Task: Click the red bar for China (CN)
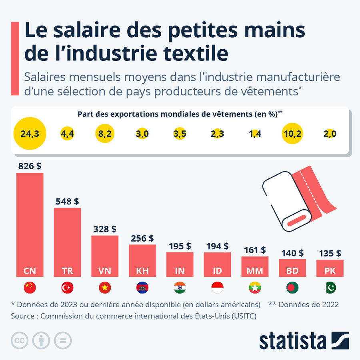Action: (x=30, y=224)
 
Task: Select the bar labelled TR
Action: (x=67, y=242)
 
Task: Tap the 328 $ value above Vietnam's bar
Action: (x=105, y=229)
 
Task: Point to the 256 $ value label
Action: (x=142, y=238)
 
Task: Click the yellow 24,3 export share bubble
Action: (x=30, y=134)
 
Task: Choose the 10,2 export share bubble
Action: (x=293, y=134)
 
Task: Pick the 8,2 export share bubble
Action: (x=105, y=134)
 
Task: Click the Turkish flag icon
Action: (x=67, y=287)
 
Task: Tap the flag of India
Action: (x=180, y=287)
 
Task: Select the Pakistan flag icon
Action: (x=330, y=287)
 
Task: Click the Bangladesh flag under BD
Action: (x=292, y=287)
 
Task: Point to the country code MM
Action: (x=255, y=271)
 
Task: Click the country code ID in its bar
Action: (x=217, y=271)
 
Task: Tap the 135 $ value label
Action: (x=330, y=253)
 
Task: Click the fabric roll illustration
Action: (x=298, y=200)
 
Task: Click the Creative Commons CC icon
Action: (x=18, y=340)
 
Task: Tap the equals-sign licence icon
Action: (x=63, y=340)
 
